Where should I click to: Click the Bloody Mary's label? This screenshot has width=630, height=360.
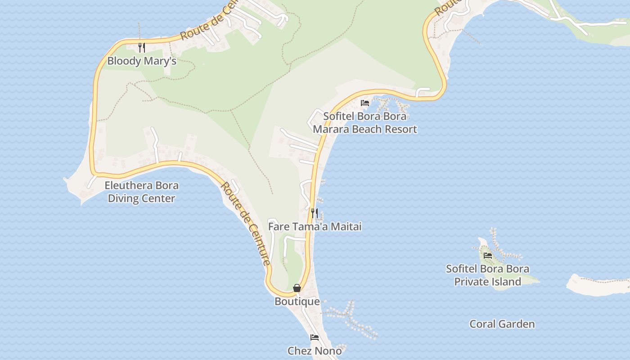click(x=142, y=61)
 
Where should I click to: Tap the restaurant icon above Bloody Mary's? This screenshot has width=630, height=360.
click(x=141, y=47)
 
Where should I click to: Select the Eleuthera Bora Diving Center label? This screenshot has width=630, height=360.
click(x=141, y=192)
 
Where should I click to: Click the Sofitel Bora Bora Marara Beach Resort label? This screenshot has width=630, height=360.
click(x=364, y=123)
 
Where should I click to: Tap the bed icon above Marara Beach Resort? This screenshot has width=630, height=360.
click(x=365, y=103)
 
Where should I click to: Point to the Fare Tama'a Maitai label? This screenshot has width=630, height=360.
click(x=315, y=226)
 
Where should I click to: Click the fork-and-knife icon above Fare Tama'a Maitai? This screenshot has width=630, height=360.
click(x=315, y=213)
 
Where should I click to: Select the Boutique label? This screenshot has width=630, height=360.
click(x=297, y=301)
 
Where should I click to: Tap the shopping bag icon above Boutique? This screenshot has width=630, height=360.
click(x=297, y=288)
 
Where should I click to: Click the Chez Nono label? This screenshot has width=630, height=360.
click(x=315, y=351)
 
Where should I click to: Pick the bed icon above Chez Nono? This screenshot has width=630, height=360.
click(x=315, y=337)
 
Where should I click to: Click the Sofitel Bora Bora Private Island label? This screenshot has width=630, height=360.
click(x=487, y=275)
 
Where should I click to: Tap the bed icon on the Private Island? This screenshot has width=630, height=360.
click(x=488, y=256)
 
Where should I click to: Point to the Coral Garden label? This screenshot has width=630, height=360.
click(x=502, y=324)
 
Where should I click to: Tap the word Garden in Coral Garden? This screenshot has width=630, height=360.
click(x=518, y=324)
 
